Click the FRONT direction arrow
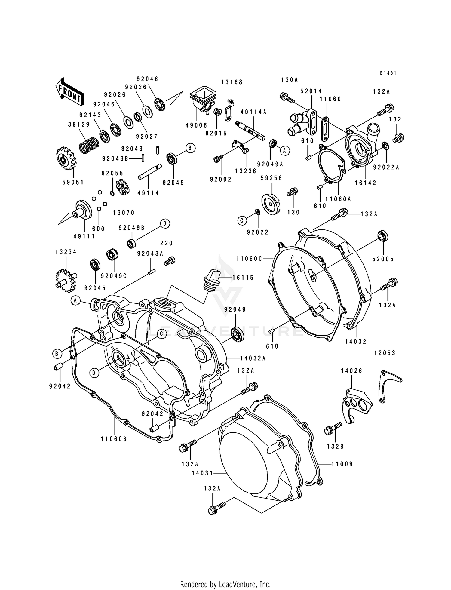(69, 91)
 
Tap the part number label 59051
(73, 182)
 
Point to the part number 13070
(124, 213)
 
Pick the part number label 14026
(351, 371)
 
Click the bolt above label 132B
(333, 428)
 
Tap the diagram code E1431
(388, 73)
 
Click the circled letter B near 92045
(190, 148)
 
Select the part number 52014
(311, 91)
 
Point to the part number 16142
(366, 183)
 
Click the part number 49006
(196, 125)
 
